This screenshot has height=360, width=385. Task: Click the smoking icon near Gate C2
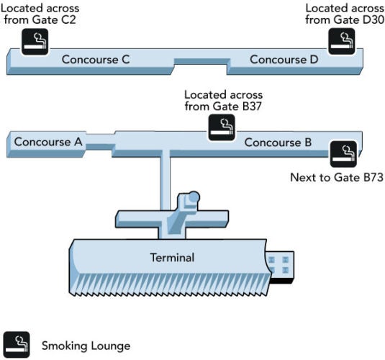pyautogui.click(x=35, y=42)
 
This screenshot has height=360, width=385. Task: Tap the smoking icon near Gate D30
pyautogui.click(x=342, y=41)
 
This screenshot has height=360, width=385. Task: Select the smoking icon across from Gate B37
pyautogui.click(x=222, y=127)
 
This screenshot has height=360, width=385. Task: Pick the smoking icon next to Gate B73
pyautogui.click(x=343, y=154)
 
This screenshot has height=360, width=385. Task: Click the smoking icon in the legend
pyautogui.click(x=17, y=344)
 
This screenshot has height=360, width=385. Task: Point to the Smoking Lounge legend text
pyautogui.click(x=86, y=346)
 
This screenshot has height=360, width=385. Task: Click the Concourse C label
pyautogui.click(x=96, y=60)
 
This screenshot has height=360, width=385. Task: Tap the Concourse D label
pyautogui.click(x=284, y=60)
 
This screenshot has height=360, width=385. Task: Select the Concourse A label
pyautogui.click(x=48, y=142)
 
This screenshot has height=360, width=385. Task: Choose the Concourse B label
pyautogui.click(x=278, y=143)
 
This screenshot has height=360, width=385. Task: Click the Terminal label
pyautogui.click(x=172, y=258)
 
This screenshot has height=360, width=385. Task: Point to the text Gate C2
pyautogui.click(x=54, y=19)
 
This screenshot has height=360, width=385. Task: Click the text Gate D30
pyautogui.click(x=358, y=19)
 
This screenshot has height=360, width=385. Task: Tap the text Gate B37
pyautogui.click(x=237, y=107)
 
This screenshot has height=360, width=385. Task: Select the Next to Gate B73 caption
pyautogui.click(x=337, y=177)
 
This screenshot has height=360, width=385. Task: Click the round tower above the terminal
pyautogui.click(x=194, y=197)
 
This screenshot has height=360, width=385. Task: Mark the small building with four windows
pyautogui.click(x=280, y=267)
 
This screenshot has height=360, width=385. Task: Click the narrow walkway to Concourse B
pyautogui.click(x=165, y=181)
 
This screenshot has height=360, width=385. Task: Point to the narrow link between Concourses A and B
pyautogui.click(x=100, y=143)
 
